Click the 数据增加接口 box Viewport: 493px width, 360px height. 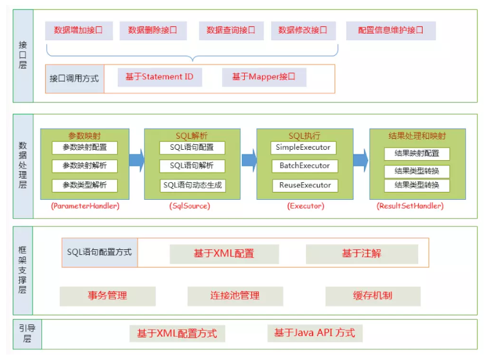78,30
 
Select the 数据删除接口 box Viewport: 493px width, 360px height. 153,30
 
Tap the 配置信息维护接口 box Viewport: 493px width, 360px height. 391,31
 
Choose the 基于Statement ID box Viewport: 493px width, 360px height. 160,77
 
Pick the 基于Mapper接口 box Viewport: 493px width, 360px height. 264,77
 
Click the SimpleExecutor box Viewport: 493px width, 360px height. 304,148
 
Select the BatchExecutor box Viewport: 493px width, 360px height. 304,166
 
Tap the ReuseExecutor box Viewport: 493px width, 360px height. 304,185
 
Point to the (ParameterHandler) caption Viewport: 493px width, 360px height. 85,206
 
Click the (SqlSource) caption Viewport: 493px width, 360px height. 190,206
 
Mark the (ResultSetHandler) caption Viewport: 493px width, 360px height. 410,206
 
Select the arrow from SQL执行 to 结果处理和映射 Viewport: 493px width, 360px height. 361,159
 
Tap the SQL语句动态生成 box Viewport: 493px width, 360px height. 193,186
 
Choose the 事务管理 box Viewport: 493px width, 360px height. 107,296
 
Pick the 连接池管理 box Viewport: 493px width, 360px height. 235,296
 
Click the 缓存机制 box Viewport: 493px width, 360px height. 373,296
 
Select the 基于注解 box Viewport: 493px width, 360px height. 361,254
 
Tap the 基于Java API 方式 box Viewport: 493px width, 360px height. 315,333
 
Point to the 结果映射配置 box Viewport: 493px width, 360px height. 417,154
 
